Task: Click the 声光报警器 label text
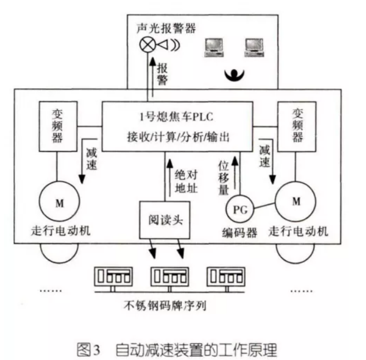coord(165,28)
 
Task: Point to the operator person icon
coord(235,74)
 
